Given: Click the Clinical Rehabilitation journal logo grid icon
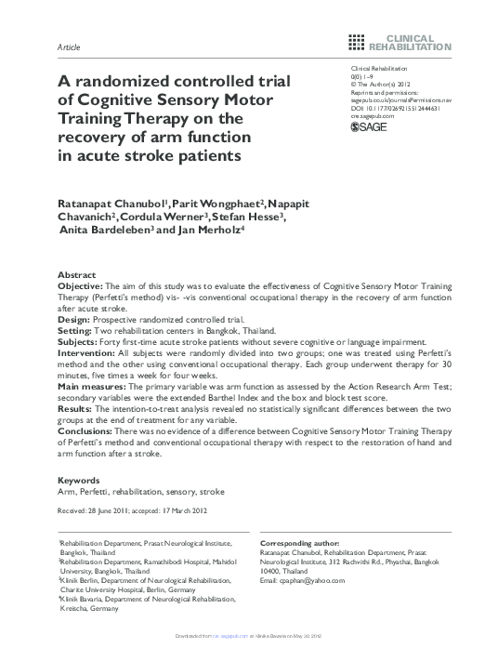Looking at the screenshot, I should coord(356,40).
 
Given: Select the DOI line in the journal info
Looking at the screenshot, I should coord(394,108).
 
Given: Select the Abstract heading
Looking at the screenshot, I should coord(76,276).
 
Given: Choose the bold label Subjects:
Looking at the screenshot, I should coord(81,341).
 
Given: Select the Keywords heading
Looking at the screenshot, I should coord(79,481).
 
